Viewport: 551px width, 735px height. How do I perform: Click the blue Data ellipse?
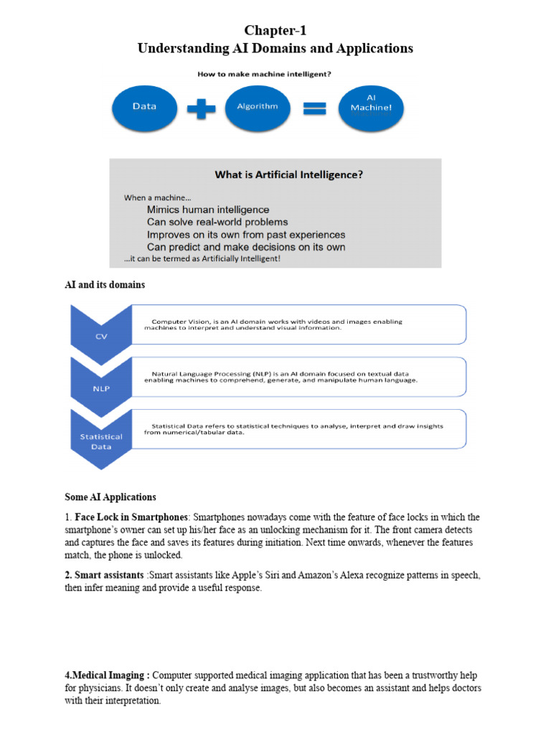tap(144, 107)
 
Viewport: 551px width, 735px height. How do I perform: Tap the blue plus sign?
tap(202, 108)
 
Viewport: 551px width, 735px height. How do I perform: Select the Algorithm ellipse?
tap(258, 107)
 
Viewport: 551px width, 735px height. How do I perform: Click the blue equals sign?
tap(314, 108)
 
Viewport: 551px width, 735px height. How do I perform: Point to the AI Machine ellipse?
tap(372, 107)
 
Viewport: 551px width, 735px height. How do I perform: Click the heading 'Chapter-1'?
tap(275, 30)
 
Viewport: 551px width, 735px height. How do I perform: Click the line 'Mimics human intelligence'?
tap(208, 210)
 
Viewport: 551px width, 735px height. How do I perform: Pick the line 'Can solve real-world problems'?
tap(217, 222)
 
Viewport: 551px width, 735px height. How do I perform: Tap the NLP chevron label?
tap(100, 388)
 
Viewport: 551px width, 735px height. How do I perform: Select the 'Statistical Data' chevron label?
tap(100, 441)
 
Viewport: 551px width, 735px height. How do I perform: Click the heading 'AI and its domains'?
tap(105, 285)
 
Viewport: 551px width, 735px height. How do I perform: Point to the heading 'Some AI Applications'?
tap(110, 497)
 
